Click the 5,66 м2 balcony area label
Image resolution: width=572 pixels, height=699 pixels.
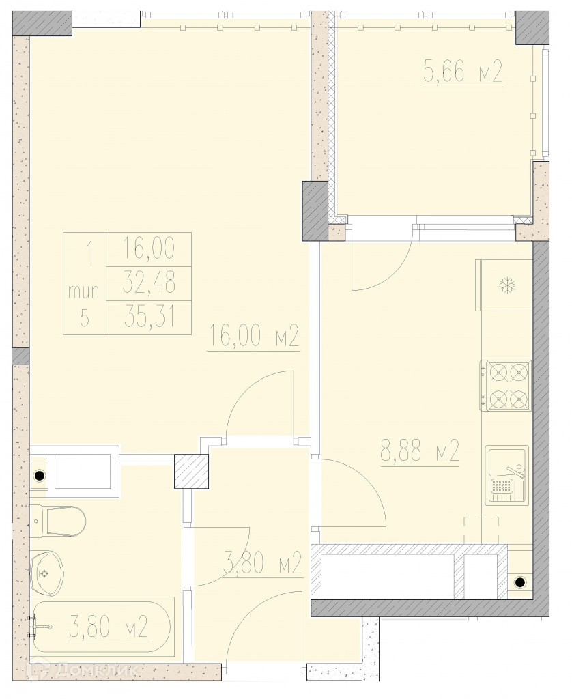pyautogui.click(x=463, y=72)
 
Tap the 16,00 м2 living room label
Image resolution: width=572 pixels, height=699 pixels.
pyautogui.click(x=253, y=336)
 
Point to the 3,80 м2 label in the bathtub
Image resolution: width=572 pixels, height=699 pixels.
pyautogui.click(x=109, y=627)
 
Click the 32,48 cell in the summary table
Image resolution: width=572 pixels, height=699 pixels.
pyautogui.click(x=149, y=283)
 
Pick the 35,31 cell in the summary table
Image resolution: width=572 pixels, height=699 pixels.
pyautogui.click(x=149, y=317)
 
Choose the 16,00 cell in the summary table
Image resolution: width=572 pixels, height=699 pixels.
pyautogui.click(x=149, y=248)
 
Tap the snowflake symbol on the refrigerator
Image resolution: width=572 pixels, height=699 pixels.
pyautogui.click(x=507, y=286)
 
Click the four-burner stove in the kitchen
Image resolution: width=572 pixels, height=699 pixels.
pyautogui.click(x=506, y=386)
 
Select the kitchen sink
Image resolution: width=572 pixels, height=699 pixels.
pyautogui.click(x=507, y=475)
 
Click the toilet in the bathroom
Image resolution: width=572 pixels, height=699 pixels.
pyautogui.click(x=57, y=521)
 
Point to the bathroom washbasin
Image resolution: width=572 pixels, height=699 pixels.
pyautogui.click(x=47, y=573)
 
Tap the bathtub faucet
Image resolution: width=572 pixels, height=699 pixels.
pyautogui.click(x=40, y=627)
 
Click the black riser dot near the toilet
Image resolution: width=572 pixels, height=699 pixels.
pyautogui.click(x=40, y=476)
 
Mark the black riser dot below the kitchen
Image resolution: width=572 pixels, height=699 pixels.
pyautogui.click(x=520, y=582)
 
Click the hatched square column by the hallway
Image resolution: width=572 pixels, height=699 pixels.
pyautogui.click(x=191, y=471)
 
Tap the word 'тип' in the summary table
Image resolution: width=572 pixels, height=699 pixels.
pyautogui.click(x=84, y=291)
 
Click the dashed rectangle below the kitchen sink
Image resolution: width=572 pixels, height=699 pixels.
pyautogui.click(x=481, y=530)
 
